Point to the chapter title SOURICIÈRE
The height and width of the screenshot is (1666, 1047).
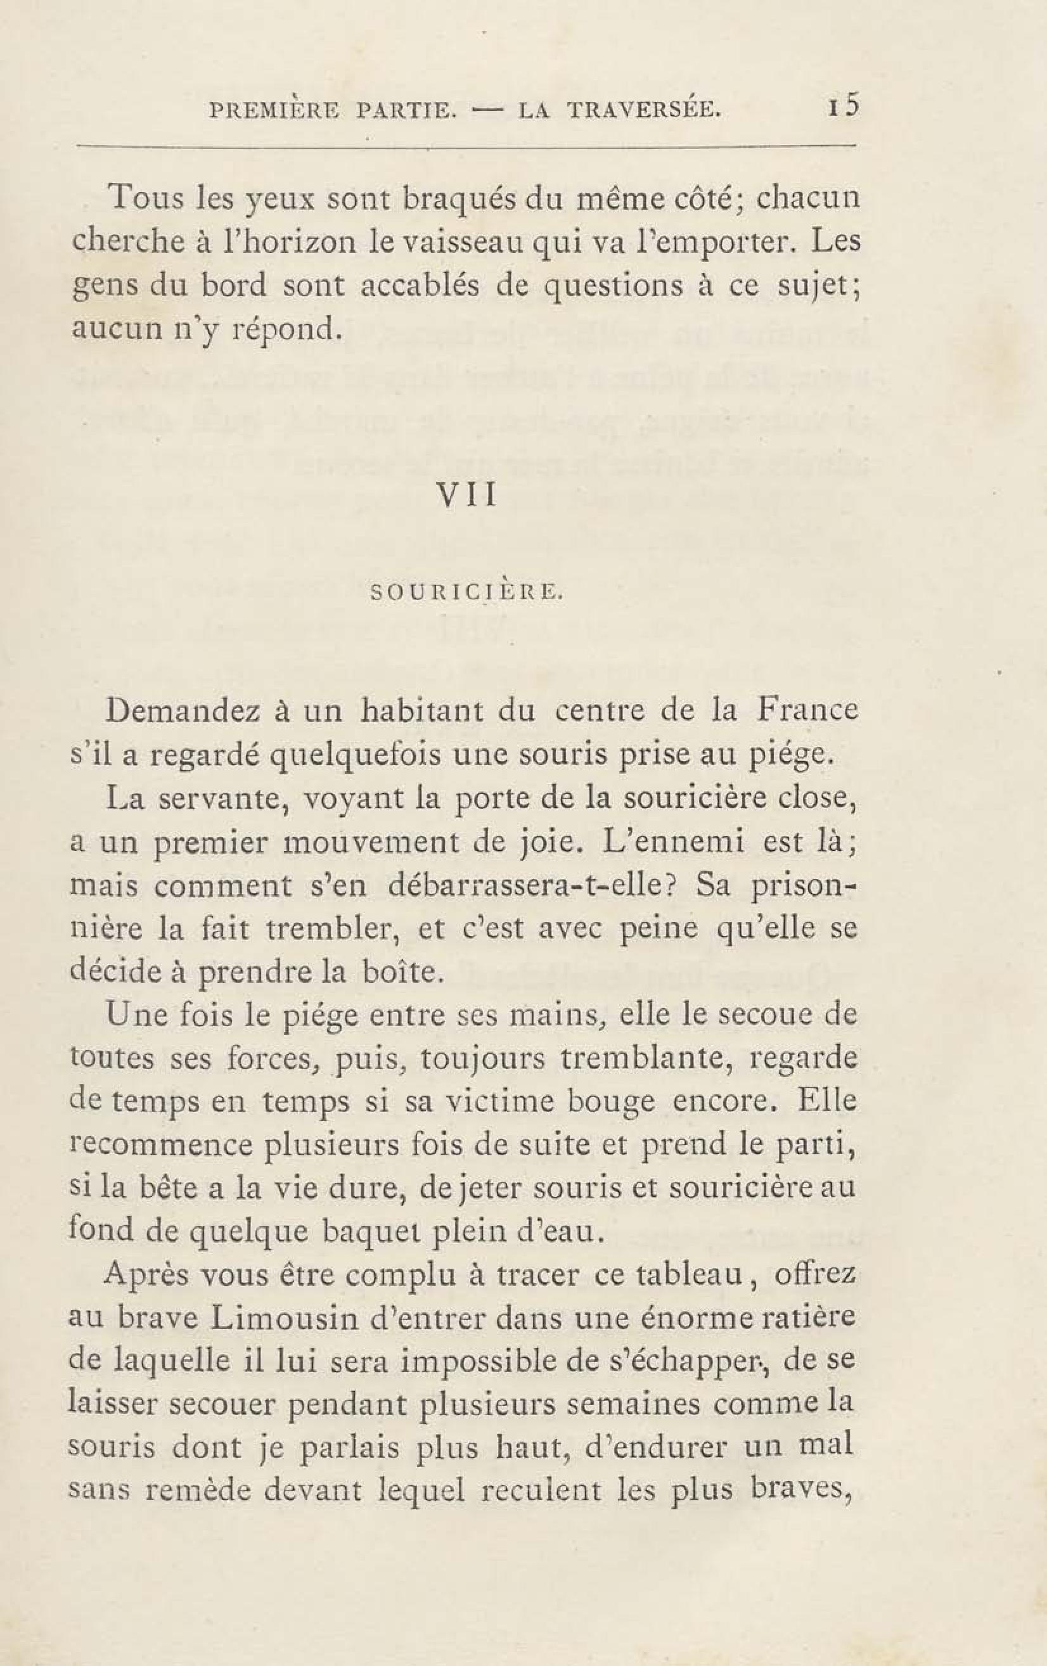(x=468, y=593)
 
